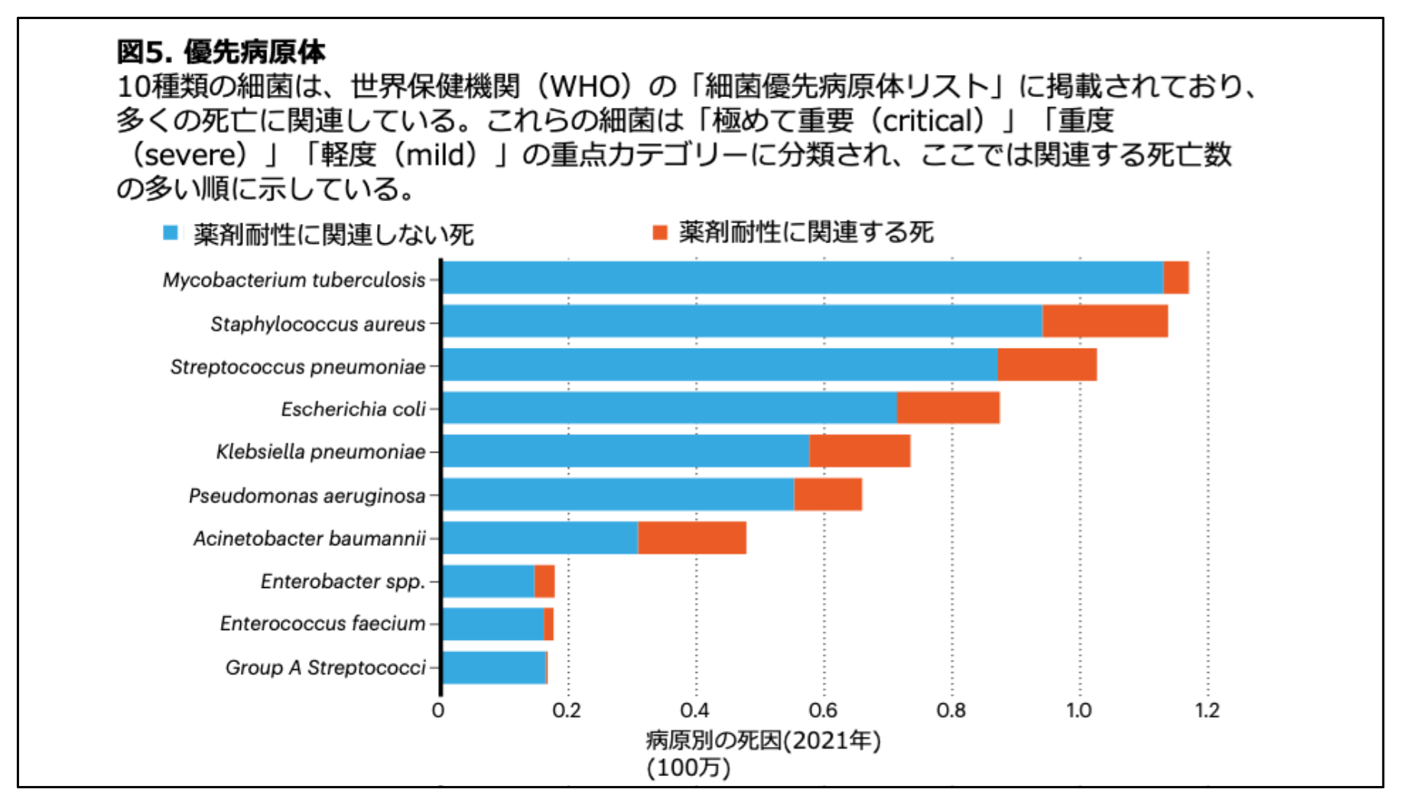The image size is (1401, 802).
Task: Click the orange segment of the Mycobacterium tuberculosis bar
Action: (x=1175, y=278)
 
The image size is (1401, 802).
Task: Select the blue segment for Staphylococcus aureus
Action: (x=742, y=321)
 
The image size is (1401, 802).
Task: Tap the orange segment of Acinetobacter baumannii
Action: (x=691, y=537)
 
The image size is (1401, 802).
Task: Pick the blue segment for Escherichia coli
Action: (x=669, y=407)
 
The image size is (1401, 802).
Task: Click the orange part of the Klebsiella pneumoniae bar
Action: (x=859, y=451)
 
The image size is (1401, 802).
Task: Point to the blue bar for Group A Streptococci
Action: (x=494, y=667)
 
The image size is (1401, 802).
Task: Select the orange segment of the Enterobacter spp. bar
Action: (x=544, y=581)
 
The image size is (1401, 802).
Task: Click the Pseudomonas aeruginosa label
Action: (x=307, y=495)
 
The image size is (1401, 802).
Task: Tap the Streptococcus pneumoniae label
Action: (x=297, y=367)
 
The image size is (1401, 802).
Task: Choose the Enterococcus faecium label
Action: (x=322, y=624)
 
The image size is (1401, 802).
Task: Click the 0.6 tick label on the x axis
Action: (x=823, y=711)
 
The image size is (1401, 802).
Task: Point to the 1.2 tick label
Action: (x=1207, y=711)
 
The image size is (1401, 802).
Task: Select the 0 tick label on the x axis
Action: (x=438, y=711)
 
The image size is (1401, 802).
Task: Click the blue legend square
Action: (x=171, y=232)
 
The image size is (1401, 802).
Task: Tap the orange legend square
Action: (x=660, y=232)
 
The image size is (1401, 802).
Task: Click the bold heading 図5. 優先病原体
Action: (x=220, y=52)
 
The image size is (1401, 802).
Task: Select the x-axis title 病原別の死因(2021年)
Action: (x=762, y=740)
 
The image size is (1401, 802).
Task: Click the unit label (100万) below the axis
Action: (x=688, y=768)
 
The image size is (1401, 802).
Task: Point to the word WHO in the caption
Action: (x=590, y=86)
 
